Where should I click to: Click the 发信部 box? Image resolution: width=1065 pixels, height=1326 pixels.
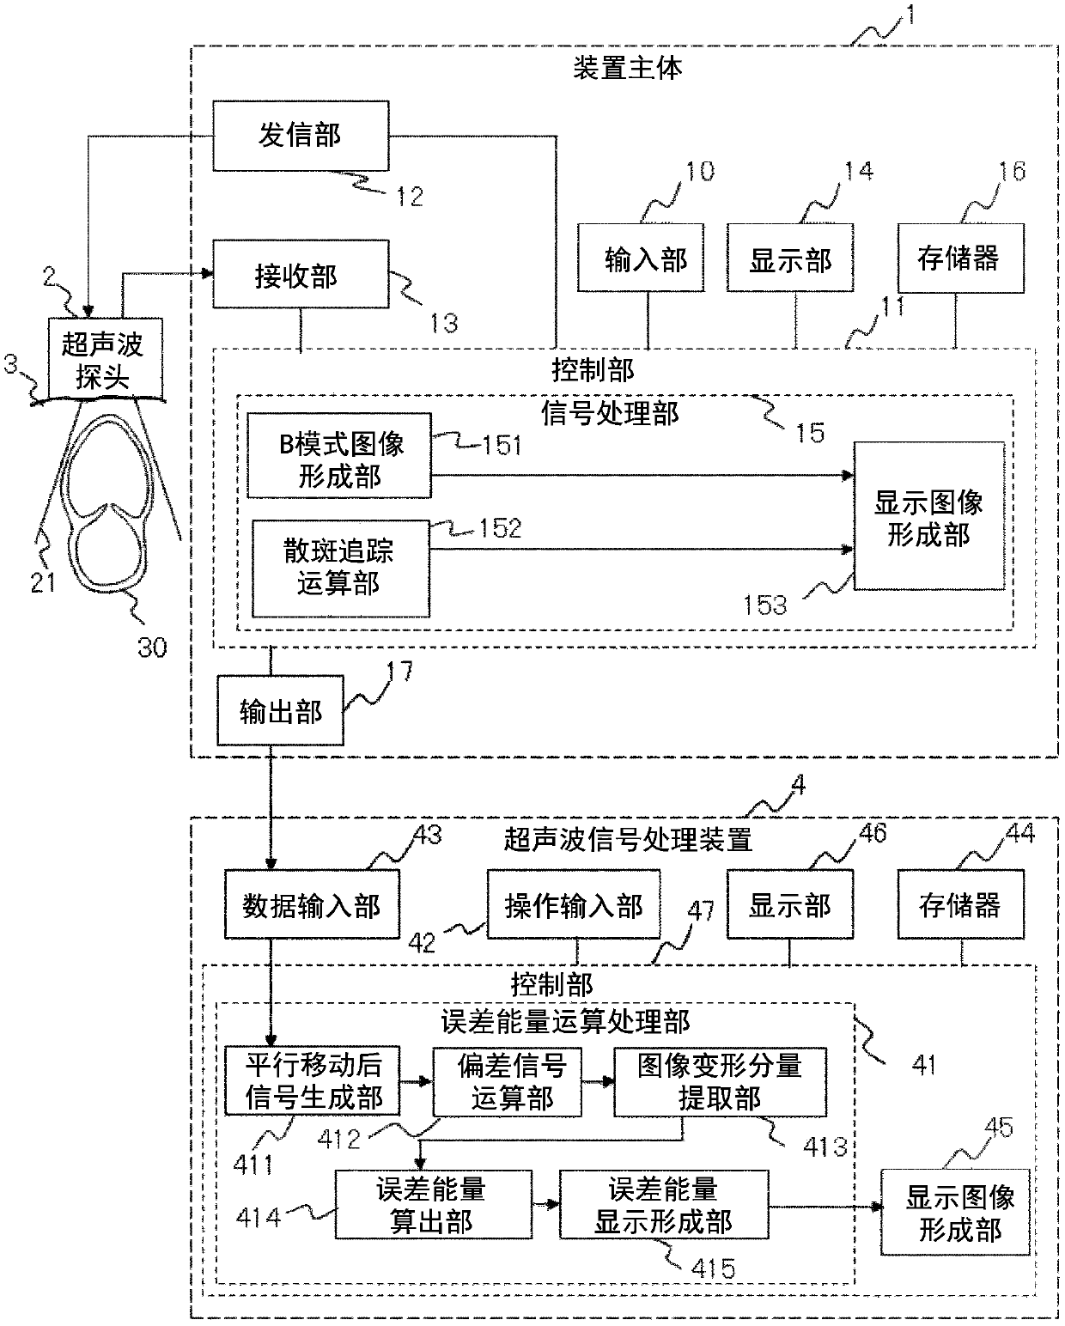[x=301, y=136]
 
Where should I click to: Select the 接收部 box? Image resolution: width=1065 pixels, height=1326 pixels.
[x=301, y=274]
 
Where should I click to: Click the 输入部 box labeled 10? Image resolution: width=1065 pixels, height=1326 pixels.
[x=641, y=258]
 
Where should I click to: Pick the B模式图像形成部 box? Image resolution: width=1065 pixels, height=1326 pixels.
[x=339, y=455]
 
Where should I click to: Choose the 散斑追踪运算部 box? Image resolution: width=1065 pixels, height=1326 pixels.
[x=341, y=569]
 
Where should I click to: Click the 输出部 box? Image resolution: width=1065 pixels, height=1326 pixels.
[x=281, y=710]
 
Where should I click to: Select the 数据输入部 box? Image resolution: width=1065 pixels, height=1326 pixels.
[x=312, y=904]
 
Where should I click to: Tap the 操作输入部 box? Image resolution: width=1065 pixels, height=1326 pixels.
[x=574, y=904]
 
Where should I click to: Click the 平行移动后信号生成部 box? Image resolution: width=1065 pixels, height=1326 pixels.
[x=312, y=1080]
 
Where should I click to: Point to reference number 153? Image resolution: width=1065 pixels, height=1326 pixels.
[x=765, y=605]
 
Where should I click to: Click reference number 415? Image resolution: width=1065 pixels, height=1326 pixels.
[x=713, y=1268]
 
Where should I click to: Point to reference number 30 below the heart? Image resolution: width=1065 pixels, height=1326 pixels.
[x=152, y=648]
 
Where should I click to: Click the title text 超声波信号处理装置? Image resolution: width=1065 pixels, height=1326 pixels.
[x=628, y=839]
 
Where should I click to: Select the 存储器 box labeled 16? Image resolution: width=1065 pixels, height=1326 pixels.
[x=961, y=258]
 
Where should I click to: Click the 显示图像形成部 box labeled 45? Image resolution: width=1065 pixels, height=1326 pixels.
[x=955, y=1212]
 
